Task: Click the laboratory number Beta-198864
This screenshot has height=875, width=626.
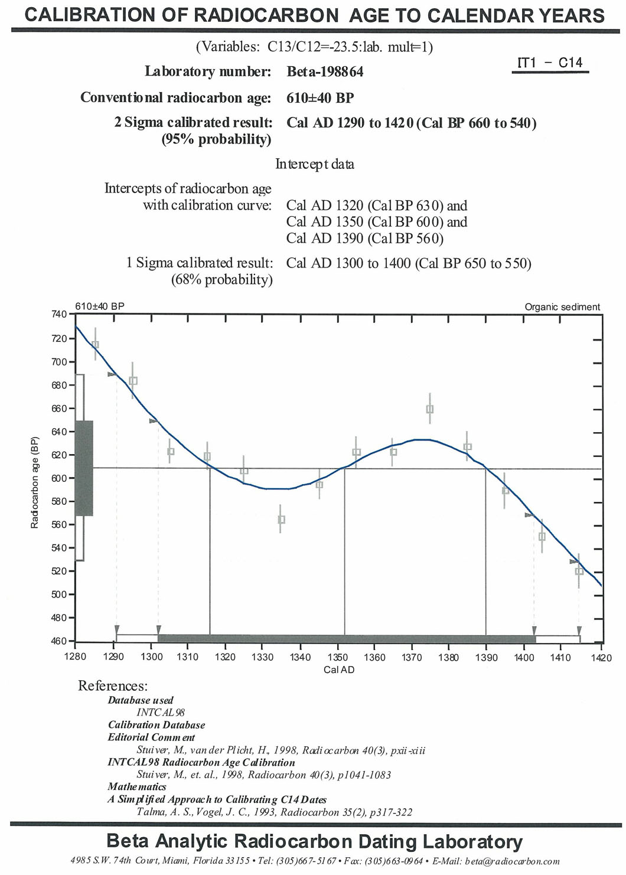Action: [325, 72]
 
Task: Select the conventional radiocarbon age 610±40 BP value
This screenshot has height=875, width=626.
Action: [320, 98]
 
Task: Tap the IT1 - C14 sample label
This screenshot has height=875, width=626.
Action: [550, 63]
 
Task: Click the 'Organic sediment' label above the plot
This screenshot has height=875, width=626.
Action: [562, 307]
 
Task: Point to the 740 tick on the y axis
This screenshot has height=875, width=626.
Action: [59, 314]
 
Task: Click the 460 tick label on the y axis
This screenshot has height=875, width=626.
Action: [59, 641]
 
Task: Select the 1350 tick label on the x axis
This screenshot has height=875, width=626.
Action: [338, 658]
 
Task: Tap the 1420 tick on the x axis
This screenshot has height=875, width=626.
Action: [602, 658]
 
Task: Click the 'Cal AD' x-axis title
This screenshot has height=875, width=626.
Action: [339, 670]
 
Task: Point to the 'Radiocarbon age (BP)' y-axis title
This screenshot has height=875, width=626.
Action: [35, 482]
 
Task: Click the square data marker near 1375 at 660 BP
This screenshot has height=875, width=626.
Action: [430, 409]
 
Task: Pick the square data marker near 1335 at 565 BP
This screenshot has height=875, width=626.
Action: [281, 520]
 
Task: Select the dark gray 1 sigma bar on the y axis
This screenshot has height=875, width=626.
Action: [84, 468]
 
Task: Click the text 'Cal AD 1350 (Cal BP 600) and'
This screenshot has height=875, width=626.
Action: [377, 222]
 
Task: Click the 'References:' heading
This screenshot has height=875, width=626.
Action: [113, 686]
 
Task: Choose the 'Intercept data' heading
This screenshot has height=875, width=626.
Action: [315, 164]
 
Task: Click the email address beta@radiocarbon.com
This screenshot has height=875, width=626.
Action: [512, 861]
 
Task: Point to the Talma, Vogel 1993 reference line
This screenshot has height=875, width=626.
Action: [275, 812]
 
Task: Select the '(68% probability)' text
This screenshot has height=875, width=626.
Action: [222, 280]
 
